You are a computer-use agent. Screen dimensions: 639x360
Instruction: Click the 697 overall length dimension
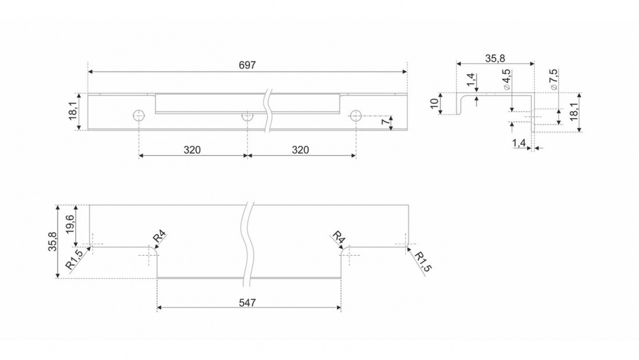247,65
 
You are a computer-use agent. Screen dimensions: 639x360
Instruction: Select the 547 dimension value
247,302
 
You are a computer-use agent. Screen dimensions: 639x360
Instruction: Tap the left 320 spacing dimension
192,150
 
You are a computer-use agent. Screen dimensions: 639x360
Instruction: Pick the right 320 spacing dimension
300,150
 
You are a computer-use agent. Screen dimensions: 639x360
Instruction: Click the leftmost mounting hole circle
139,116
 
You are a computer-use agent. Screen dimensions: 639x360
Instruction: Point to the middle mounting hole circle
247,116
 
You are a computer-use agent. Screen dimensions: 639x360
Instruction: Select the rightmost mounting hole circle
356,116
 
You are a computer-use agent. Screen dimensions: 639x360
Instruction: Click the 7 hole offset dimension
385,122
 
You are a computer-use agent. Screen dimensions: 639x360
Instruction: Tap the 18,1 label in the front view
73,111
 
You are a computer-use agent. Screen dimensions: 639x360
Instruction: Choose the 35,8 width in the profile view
495,59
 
